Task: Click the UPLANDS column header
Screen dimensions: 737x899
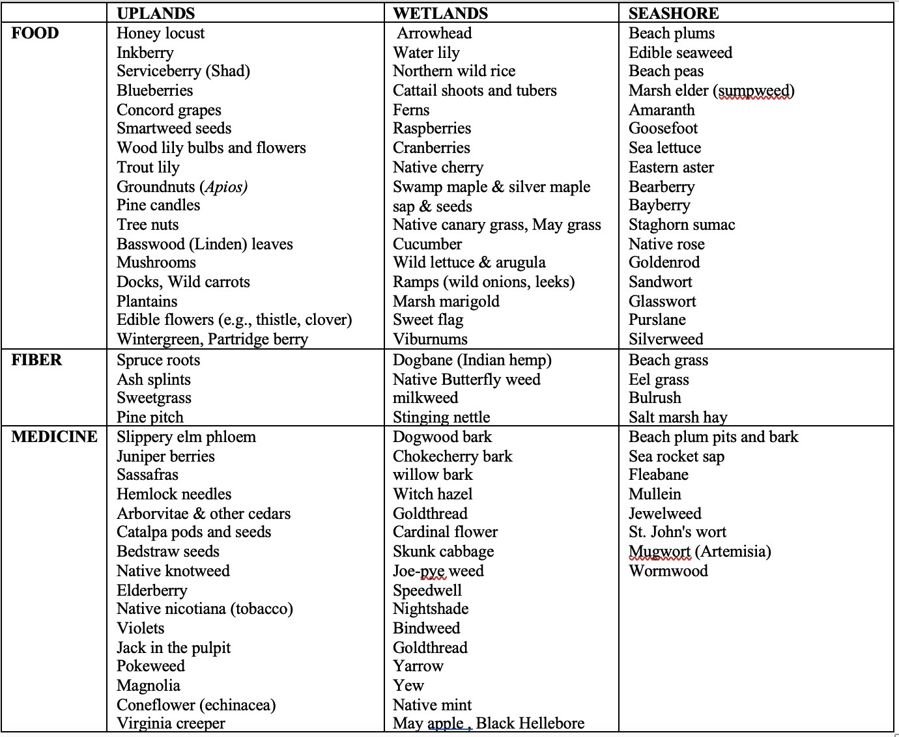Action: point(156,14)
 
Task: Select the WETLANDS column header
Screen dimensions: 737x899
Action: point(440,14)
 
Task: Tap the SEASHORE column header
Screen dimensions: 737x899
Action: point(674,14)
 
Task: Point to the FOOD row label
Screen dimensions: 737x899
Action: point(35,33)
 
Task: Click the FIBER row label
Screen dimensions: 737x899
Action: point(36,360)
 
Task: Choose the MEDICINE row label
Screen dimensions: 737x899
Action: point(54,437)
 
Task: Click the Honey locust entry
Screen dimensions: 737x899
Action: point(160,33)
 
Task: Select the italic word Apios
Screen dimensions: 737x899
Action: point(225,187)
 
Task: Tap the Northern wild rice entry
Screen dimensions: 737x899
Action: point(454,71)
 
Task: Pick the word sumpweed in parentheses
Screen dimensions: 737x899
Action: point(754,90)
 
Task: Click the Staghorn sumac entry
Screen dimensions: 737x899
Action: point(681,225)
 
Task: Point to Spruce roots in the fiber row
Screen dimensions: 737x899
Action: point(158,360)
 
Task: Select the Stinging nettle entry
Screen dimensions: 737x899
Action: point(441,417)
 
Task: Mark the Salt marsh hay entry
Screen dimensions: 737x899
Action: point(678,417)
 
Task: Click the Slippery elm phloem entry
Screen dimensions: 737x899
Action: point(186,437)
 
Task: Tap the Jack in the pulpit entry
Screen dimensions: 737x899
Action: point(173,648)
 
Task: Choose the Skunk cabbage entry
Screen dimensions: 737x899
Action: point(443,551)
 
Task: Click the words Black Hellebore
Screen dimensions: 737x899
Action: point(530,723)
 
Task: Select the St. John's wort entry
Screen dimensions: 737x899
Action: point(677,532)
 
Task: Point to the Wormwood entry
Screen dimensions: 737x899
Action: point(668,571)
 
